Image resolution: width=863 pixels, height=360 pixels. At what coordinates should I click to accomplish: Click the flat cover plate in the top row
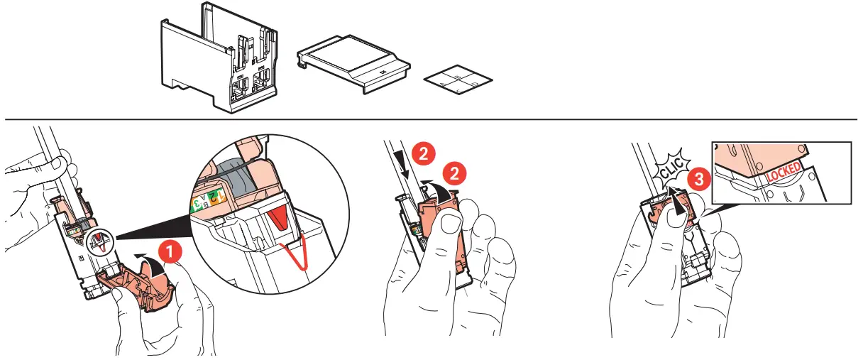tap(353, 65)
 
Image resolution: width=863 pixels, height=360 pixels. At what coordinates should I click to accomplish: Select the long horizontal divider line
tap(431, 119)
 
